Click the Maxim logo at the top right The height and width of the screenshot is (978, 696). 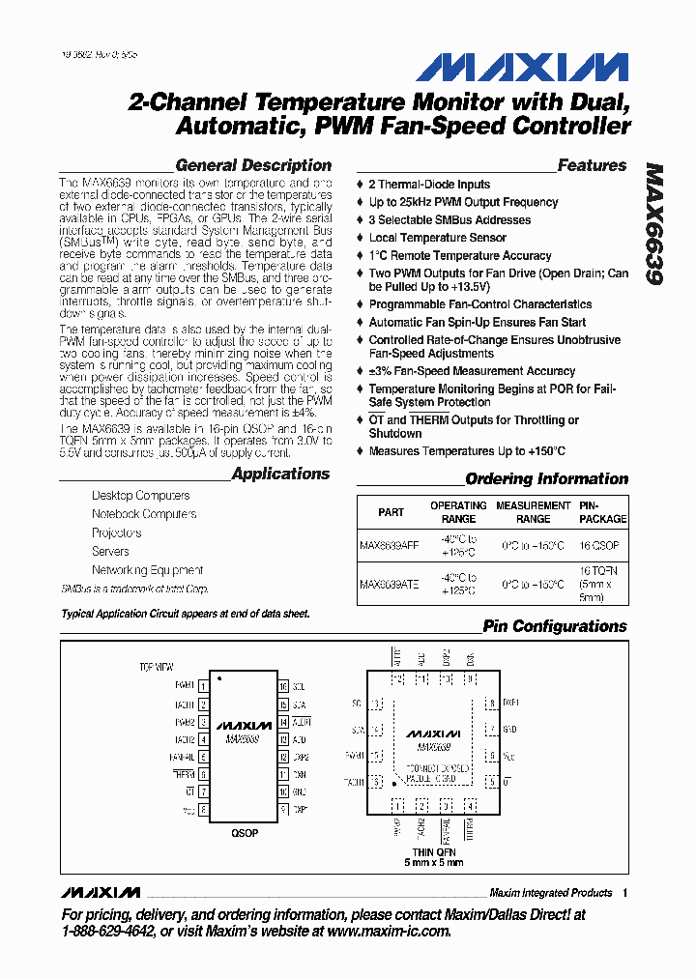click(522, 68)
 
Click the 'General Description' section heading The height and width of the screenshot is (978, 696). click(253, 165)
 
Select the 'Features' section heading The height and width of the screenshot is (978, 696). click(592, 165)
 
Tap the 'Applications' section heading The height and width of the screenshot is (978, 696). click(280, 474)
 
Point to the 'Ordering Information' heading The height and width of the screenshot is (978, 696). click(546, 478)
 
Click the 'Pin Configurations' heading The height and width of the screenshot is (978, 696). click(554, 626)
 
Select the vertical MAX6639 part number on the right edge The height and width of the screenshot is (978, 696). click(654, 223)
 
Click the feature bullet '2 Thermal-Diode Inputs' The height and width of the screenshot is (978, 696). click(429, 185)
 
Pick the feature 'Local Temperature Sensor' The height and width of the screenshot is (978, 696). click(437, 238)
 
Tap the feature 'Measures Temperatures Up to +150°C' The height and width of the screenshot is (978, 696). click(467, 451)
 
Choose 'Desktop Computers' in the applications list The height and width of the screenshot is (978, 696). click(140, 495)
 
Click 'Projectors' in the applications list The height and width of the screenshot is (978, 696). click(116, 532)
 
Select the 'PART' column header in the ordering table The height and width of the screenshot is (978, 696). click(391, 512)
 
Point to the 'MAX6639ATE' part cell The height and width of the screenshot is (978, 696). click(389, 584)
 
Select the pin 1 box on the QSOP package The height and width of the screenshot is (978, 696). click(203, 685)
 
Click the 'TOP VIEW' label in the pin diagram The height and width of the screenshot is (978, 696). click(156, 667)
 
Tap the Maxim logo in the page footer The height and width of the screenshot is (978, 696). click(100, 892)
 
